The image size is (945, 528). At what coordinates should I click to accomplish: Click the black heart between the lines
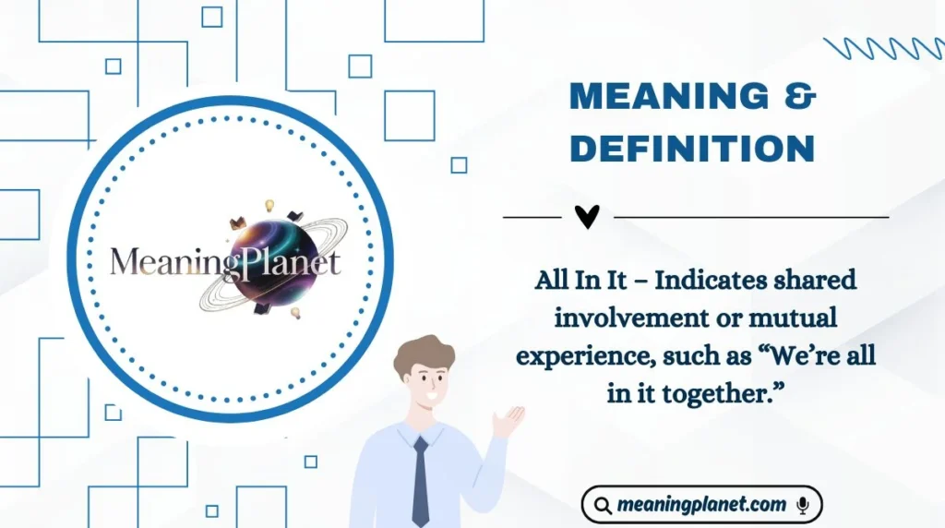click(587, 217)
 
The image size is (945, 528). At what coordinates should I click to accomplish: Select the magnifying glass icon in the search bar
click(603, 505)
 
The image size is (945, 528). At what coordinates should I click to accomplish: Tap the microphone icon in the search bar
click(803, 505)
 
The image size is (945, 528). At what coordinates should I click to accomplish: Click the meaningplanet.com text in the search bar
click(701, 505)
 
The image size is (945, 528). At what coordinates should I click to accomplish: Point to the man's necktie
click(421, 480)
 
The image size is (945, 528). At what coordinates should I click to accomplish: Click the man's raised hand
click(508, 421)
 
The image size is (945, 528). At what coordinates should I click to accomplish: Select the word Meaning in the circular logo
click(165, 262)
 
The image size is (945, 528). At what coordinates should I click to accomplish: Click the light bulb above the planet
click(270, 205)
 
